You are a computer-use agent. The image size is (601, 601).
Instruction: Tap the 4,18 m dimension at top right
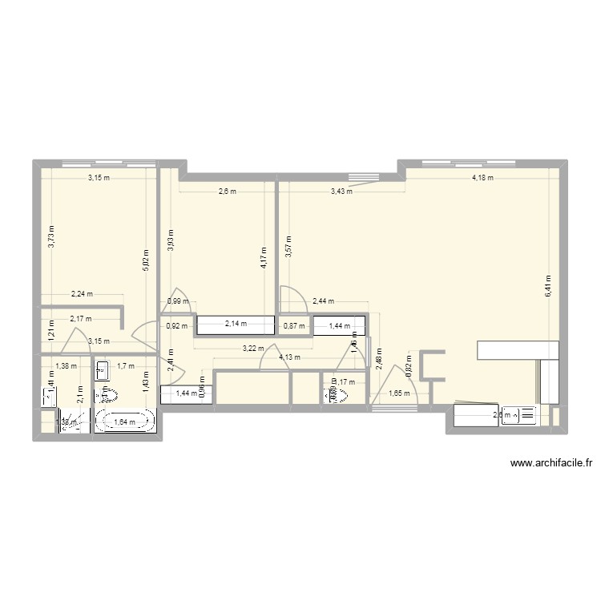(482, 178)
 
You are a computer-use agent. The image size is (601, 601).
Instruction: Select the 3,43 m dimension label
(341, 191)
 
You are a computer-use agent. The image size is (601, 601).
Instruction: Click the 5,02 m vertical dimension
(145, 258)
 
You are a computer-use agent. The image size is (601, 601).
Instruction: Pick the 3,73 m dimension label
(50, 237)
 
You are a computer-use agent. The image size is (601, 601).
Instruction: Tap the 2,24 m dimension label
(82, 294)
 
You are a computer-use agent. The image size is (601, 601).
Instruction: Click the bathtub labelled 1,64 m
(125, 422)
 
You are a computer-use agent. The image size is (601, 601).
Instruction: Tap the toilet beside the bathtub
(106, 395)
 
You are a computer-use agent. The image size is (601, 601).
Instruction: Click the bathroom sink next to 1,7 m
(102, 369)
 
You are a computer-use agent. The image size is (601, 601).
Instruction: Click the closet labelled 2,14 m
(235, 325)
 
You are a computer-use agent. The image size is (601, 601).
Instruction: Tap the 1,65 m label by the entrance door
(399, 393)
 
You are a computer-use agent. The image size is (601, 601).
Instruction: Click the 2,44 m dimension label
(323, 301)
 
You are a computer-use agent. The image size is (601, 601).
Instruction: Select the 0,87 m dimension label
(294, 326)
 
